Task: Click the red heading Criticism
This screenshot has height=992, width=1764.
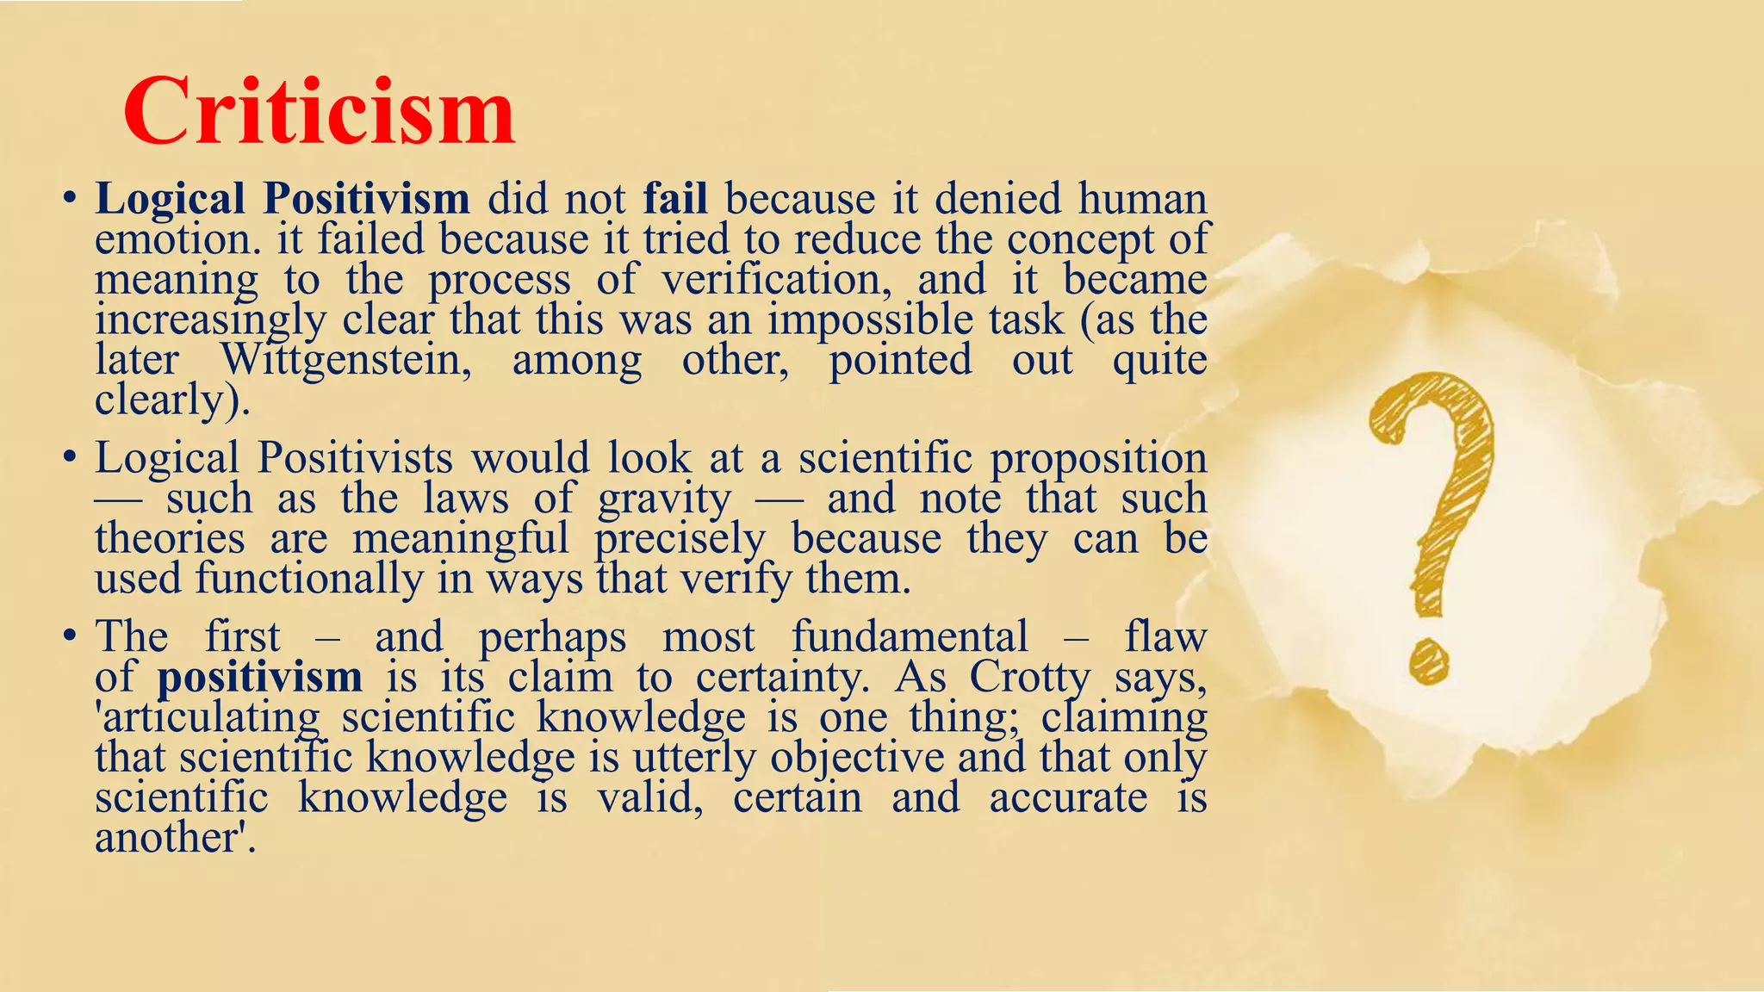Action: tap(319, 113)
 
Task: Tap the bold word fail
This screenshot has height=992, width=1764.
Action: tap(675, 199)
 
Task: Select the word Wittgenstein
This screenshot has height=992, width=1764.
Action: tap(346, 360)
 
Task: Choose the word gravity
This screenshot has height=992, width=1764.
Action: tap(664, 499)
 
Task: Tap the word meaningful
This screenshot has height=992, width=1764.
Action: tap(461, 540)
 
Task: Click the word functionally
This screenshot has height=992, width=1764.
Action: tap(309, 579)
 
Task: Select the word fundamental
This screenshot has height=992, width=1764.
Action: tap(910, 637)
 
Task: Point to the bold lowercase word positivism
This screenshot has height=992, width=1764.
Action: tap(259, 677)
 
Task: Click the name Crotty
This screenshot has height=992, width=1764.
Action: tap(1030, 677)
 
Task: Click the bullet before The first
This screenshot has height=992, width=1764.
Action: tap(69, 638)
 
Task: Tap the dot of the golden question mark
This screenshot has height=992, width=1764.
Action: tap(1429, 660)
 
